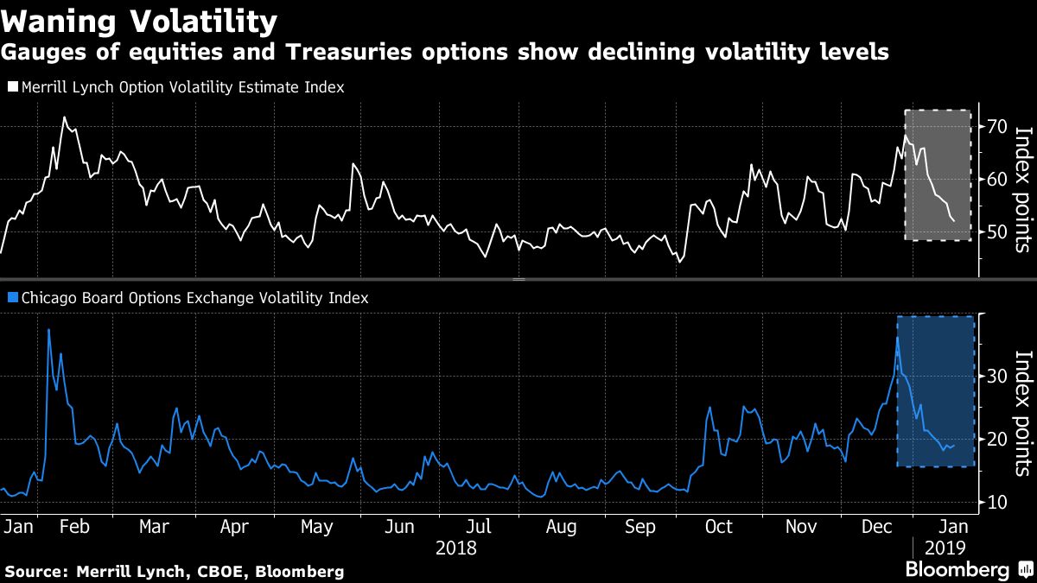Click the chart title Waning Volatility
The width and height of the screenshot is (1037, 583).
[139, 19]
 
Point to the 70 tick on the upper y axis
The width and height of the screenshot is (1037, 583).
[996, 127]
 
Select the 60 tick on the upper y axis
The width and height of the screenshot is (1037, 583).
[996, 180]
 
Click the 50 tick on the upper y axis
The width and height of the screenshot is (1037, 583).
[996, 232]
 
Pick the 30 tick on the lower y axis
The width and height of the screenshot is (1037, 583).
[996, 376]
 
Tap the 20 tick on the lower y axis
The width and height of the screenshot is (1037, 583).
[996, 439]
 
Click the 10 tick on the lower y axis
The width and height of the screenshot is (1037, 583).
[996, 502]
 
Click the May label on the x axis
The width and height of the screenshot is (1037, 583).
[316, 526]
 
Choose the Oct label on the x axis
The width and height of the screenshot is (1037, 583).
[718, 526]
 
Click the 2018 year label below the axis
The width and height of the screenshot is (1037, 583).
[456, 548]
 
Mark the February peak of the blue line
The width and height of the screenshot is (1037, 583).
[48, 330]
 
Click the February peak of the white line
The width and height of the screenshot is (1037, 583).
[63, 117]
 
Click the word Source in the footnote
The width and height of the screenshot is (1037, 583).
[35, 571]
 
